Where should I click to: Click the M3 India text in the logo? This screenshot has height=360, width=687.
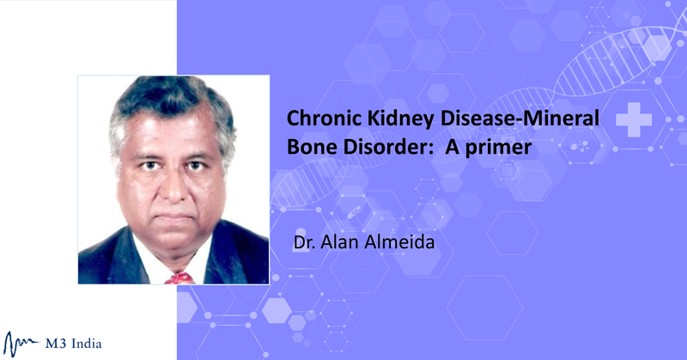73,344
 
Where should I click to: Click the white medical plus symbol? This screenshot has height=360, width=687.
634,119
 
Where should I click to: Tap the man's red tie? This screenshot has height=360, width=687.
179,278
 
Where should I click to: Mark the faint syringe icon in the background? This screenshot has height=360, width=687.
354,213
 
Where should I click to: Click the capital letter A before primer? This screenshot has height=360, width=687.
453,147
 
